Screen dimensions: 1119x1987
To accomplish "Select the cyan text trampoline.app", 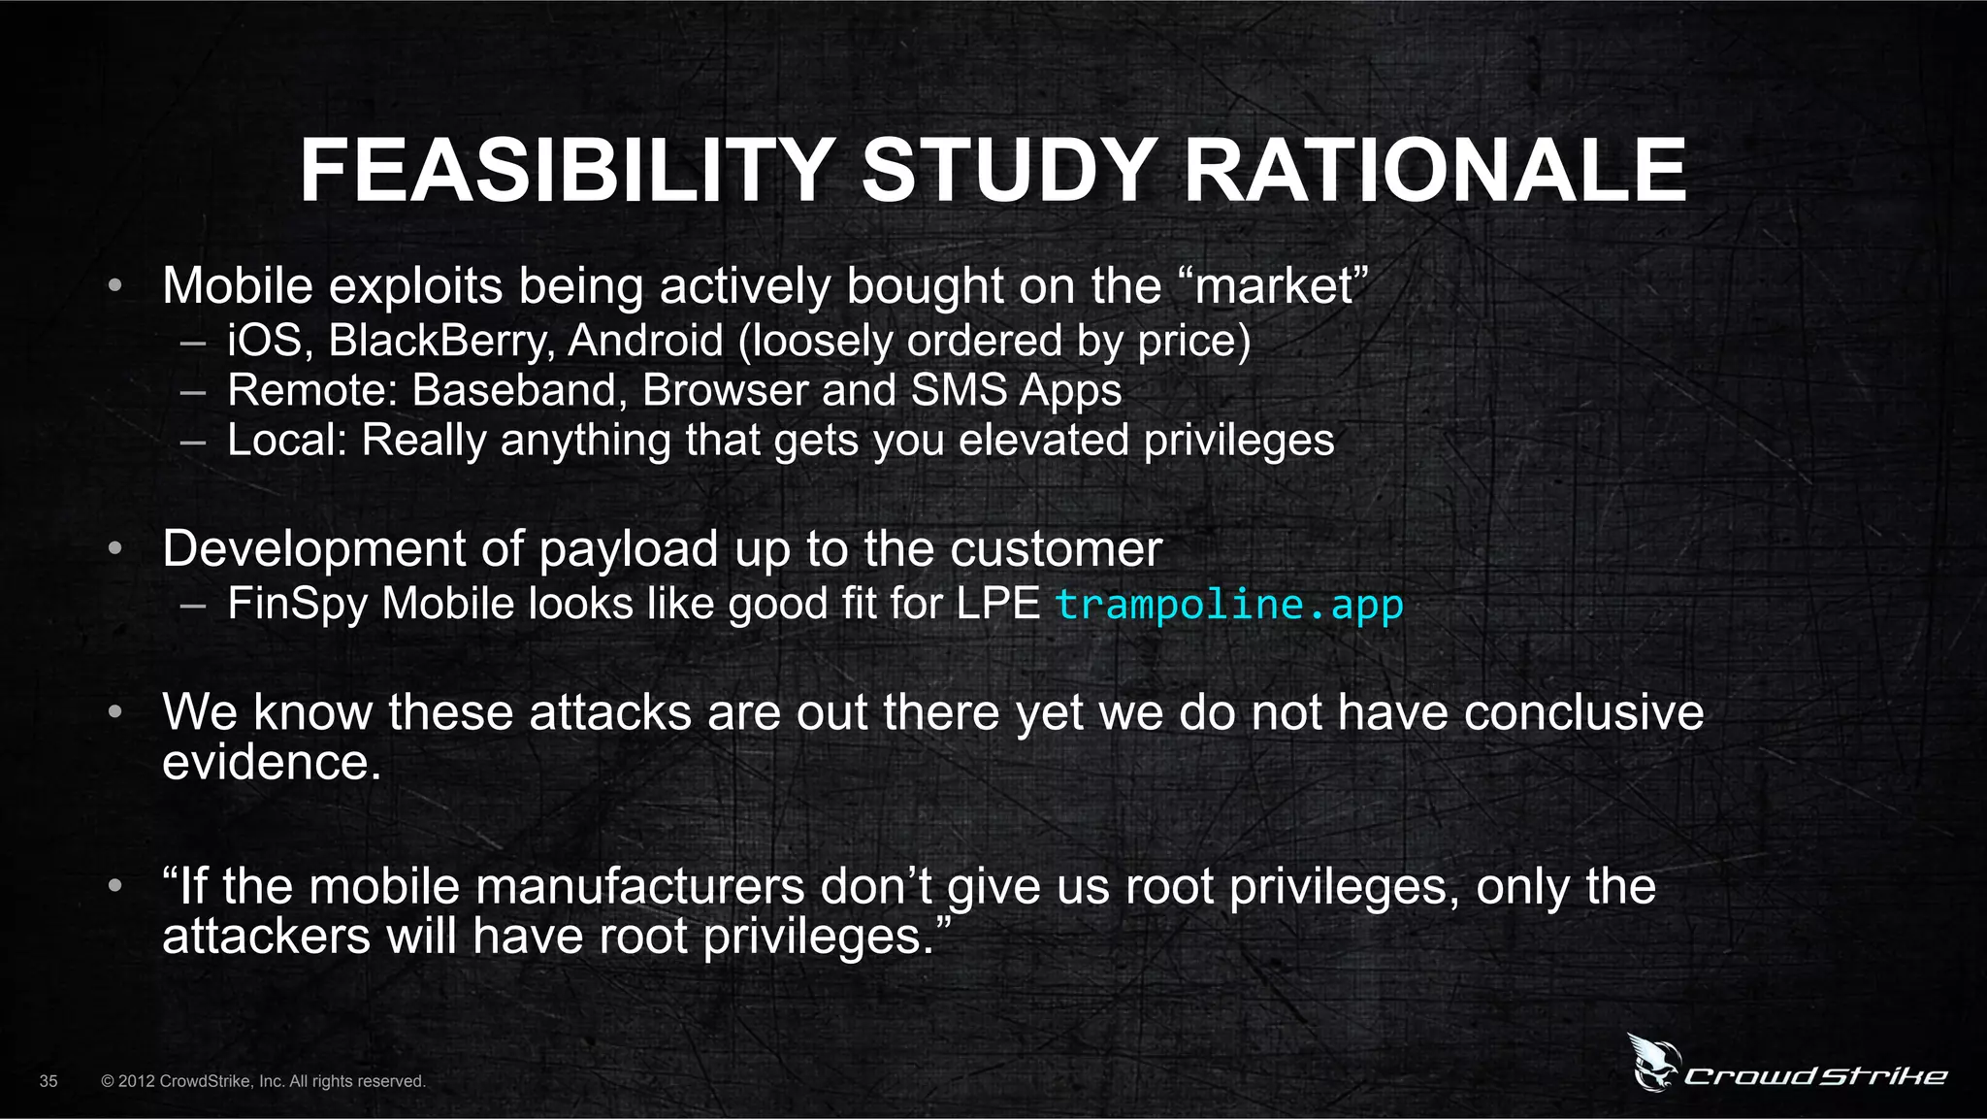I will tap(1228, 605).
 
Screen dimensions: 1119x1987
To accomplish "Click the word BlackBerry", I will tap(441, 341).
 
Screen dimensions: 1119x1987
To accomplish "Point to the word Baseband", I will tap(513, 390).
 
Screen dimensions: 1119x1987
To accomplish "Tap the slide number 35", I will tap(49, 1081).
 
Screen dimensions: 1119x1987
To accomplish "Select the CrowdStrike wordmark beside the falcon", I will tap(1814, 1075).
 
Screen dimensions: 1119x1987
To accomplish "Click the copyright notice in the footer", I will tap(263, 1081).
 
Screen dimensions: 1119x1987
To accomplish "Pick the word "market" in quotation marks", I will tap(1274, 286).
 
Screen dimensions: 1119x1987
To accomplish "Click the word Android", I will tap(645, 341).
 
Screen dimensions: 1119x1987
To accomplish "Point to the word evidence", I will tap(271, 763).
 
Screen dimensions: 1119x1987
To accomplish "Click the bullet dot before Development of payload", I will tap(114, 549).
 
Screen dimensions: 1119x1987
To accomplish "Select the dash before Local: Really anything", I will tap(193, 442).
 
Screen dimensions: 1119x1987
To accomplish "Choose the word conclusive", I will tap(1582, 712).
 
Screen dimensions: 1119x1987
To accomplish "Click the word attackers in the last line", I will tap(266, 937).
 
